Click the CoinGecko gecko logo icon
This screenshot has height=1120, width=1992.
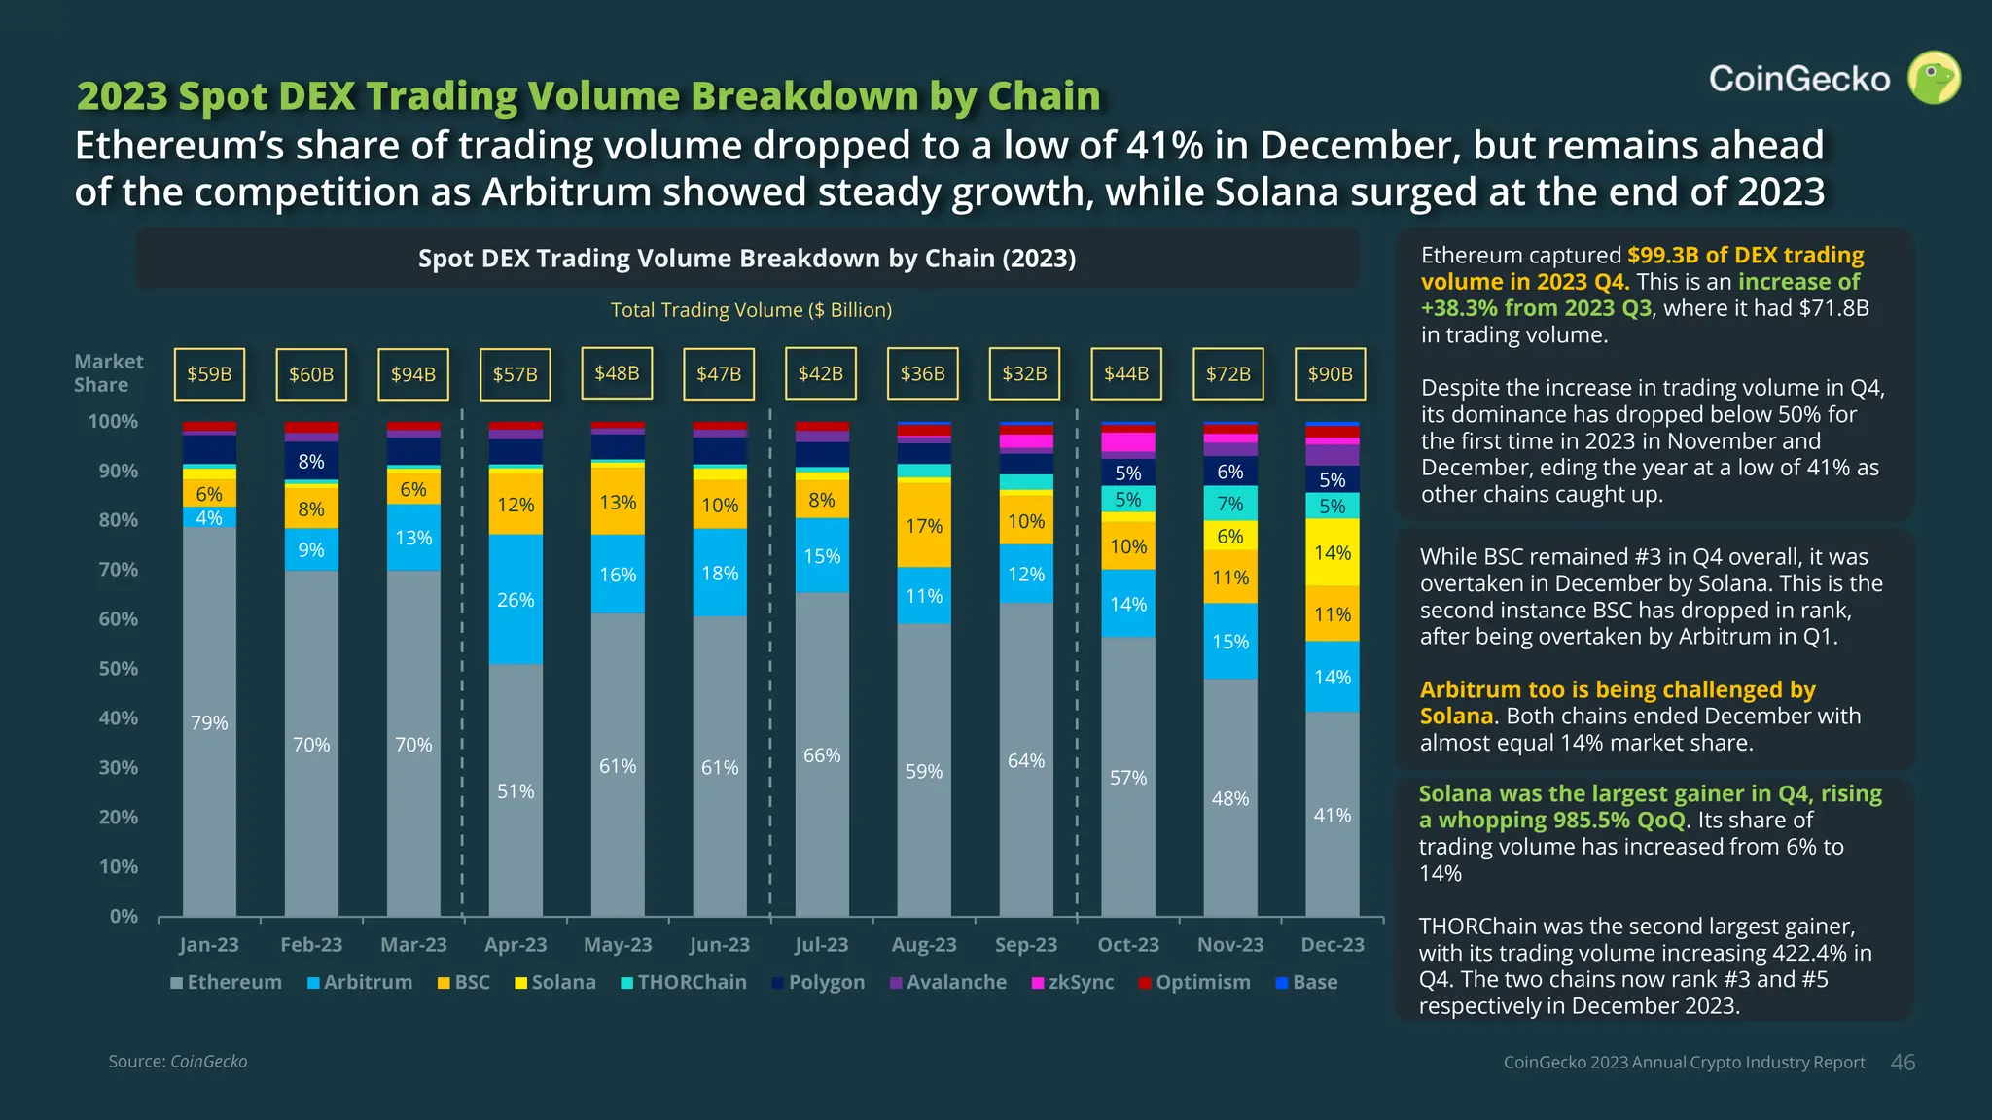(1934, 78)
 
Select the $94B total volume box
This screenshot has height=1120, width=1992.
(413, 374)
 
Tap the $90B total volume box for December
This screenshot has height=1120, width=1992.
(1331, 374)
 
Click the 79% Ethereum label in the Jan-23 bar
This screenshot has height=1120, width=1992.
(209, 722)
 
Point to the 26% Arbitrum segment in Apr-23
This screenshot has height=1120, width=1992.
(516, 600)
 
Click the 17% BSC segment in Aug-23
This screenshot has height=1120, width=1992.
(924, 525)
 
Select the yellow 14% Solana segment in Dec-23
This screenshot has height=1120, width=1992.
(1333, 552)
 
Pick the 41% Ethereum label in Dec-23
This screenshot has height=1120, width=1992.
(1333, 815)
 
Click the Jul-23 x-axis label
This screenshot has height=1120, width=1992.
(822, 944)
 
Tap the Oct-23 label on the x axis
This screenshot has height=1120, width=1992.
(1128, 944)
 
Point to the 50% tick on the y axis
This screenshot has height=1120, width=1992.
(118, 669)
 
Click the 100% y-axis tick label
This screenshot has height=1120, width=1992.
(113, 421)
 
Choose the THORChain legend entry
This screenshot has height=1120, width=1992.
(683, 982)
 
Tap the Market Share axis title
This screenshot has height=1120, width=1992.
(108, 372)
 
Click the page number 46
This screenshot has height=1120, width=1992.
(1903, 1063)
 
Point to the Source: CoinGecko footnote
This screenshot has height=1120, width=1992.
(178, 1061)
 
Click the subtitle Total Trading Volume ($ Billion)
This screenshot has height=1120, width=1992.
(751, 309)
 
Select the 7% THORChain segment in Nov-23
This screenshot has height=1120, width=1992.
(1230, 504)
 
